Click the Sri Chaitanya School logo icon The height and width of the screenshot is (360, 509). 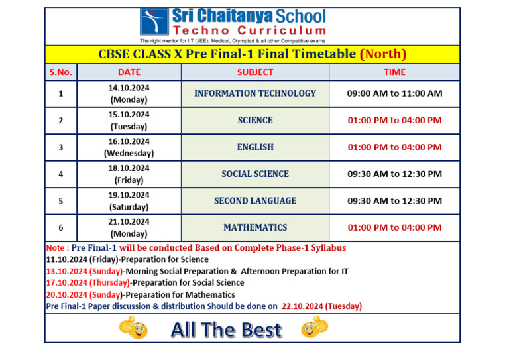coord(154,21)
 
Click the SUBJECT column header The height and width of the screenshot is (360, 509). coord(254,72)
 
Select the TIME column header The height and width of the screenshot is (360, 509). coord(394,72)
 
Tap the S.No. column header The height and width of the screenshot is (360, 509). coord(60,72)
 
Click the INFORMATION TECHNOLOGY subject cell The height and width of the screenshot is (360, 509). coord(254,93)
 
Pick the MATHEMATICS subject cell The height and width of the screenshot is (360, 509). coord(254,227)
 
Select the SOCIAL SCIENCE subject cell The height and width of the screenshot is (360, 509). coord(254,174)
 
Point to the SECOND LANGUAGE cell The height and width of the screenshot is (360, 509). coord(254,200)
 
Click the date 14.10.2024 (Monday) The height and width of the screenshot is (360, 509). coord(129,93)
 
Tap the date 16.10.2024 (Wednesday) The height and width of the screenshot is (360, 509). coord(129,147)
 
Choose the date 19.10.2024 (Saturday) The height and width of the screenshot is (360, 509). coord(129,200)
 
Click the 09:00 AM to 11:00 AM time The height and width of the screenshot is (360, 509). coord(394,93)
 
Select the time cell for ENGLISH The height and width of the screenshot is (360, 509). coord(394,147)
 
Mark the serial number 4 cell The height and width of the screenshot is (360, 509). coord(60,174)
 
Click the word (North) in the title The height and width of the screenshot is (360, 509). coord(382,54)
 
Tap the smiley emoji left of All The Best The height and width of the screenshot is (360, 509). coord(132,328)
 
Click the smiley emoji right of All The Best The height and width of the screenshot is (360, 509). coord(314,327)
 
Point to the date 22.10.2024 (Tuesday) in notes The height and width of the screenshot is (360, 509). coord(321,306)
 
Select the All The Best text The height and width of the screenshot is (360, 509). coord(226,330)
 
